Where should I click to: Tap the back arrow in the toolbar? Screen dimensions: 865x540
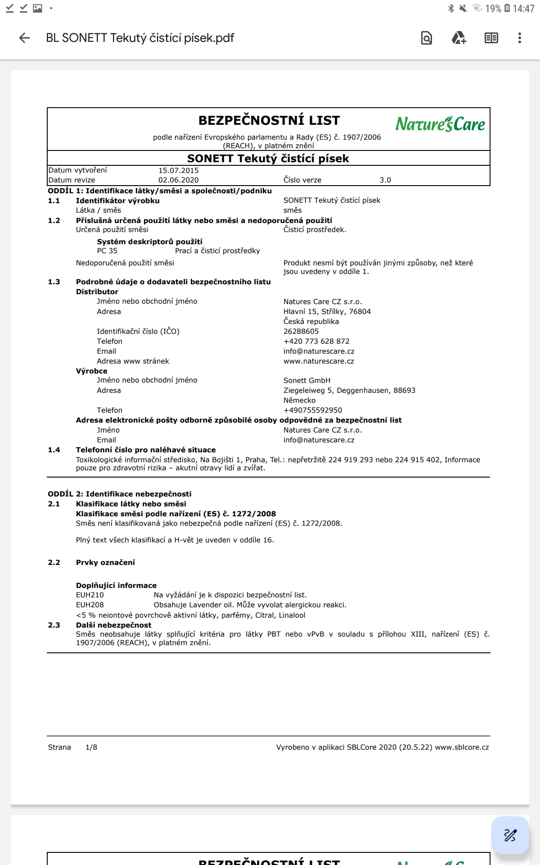click(x=24, y=38)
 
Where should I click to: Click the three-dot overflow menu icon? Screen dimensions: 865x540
click(x=519, y=38)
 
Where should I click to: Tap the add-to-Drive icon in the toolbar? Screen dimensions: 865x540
click(x=459, y=38)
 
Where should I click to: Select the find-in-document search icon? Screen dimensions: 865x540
click(x=426, y=38)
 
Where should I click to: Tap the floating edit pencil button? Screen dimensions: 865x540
click(x=510, y=835)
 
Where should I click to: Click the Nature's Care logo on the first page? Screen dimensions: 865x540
click(x=440, y=124)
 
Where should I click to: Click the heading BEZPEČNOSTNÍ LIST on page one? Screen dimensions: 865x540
click(x=269, y=121)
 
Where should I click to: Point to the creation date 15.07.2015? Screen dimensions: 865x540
click(x=178, y=170)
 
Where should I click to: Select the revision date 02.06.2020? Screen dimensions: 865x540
click(x=178, y=180)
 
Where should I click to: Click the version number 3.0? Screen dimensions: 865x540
click(x=385, y=180)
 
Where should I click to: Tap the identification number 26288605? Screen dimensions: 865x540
click(x=301, y=332)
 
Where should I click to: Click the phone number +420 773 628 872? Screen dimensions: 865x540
click(x=316, y=341)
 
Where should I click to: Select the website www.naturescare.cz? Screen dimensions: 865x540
click(x=319, y=361)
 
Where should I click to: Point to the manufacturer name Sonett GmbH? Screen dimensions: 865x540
click(x=307, y=381)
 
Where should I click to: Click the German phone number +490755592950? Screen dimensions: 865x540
click(x=313, y=410)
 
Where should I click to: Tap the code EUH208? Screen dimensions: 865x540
click(x=90, y=605)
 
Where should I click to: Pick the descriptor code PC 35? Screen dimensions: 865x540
click(x=107, y=251)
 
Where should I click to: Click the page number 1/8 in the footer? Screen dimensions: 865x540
click(x=91, y=747)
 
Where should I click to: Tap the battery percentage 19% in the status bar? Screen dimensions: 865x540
click(x=493, y=9)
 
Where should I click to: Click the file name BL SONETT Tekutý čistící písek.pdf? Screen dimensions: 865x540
click(x=140, y=38)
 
